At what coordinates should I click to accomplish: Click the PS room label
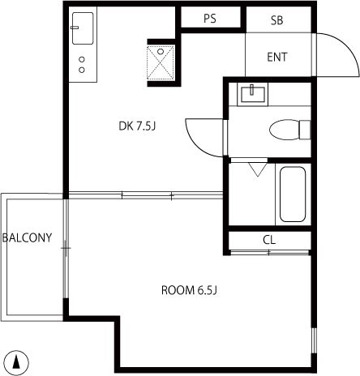click(210, 19)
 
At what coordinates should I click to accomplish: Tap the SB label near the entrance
click(276, 20)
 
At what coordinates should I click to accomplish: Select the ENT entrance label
click(277, 57)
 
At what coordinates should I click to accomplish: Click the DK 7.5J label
click(137, 126)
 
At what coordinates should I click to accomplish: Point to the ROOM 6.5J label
click(189, 290)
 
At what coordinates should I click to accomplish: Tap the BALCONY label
click(27, 237)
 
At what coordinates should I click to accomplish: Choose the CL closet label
click(269, 240)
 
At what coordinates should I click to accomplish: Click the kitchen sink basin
click(83, 28)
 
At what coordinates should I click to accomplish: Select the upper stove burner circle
click(82, 59)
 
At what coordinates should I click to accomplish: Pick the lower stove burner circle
click(82, 70)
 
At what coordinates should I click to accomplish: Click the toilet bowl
click(285, 130)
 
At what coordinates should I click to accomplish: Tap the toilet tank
click(305, 130)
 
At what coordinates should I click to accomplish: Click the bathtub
click(293, 194)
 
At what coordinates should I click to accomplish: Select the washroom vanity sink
click(253, 94)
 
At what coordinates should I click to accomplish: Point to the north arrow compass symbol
click(17, 362)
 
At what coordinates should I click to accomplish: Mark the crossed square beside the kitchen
click(161, 62)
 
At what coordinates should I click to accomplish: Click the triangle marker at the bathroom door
click(258, 169)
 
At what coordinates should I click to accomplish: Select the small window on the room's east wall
click(314, 340)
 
